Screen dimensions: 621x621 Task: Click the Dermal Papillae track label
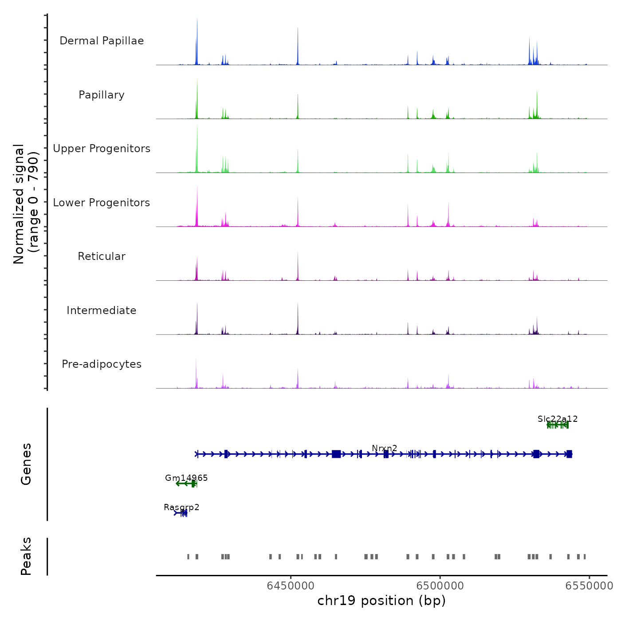(x=102, y=41)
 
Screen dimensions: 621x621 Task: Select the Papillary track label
(x=102, y=95)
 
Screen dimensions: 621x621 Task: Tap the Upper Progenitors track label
(x=102, y=149)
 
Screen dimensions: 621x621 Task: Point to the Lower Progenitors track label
(x=102, y=203)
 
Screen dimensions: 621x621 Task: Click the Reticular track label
(x=102, y=256)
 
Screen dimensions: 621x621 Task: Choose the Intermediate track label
(x=102, y=310)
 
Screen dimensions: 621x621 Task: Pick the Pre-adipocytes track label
(x=102, y=364)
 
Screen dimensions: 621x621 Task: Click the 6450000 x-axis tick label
(x=291, y=586)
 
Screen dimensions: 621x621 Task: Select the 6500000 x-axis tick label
(x=440, y=586)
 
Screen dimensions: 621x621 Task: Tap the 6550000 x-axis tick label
(x=589, y=586)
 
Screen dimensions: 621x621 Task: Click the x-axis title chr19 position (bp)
(x=381, y=601)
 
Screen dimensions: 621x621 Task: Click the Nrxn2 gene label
(x=385, y=448)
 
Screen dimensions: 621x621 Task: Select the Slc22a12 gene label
(x=558, y=419)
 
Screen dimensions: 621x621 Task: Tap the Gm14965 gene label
(x=186, y=478)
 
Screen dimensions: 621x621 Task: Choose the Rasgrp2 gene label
(x=181, y=507)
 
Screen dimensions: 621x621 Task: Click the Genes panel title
(x=26, y=464)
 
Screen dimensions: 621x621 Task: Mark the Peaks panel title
(x=26, y=556)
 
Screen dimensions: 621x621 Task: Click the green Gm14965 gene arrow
(x=186, y=483)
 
